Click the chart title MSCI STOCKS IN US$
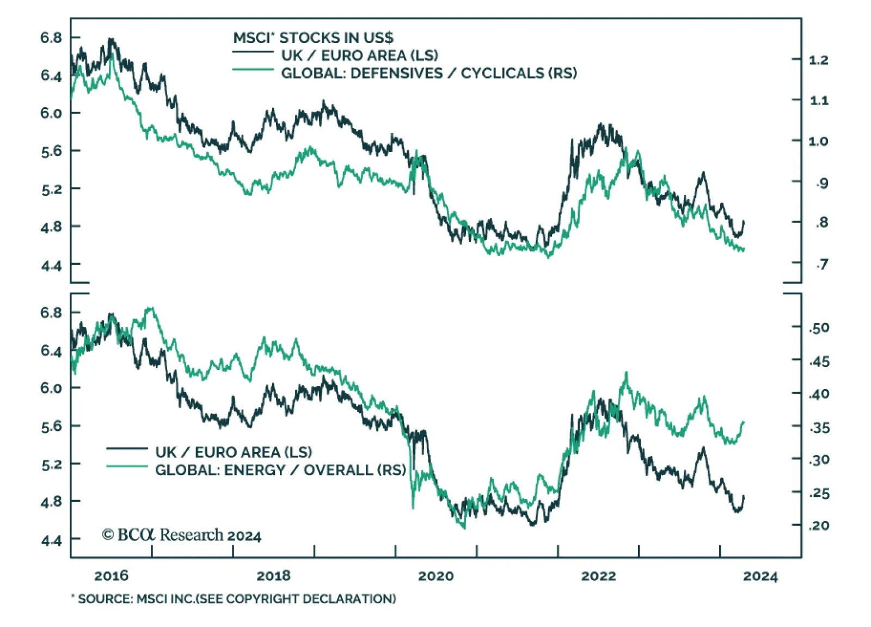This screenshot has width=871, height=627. [x=313, y=38]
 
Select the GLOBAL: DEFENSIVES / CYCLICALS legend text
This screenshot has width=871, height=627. [x=429, y=74]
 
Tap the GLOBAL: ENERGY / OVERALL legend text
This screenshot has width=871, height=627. [x=280, y=470]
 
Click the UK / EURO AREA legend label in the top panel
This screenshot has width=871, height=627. [x=359, y=56]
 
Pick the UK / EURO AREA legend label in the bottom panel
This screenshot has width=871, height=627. [x=234, y=452]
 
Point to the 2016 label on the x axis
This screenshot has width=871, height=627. [x=111, y=576]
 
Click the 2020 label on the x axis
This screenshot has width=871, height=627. [x=436, y=576]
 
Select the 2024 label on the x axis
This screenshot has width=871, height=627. [x=760, y=576]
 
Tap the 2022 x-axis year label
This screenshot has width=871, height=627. [x=598, y=576]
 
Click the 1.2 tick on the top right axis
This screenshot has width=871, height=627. [x=818, y=60]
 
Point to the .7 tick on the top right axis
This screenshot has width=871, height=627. [x=821, y=265]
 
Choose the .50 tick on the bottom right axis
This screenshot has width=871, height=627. [x=819, y=328]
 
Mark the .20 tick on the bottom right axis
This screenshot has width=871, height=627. [x=819, y=526]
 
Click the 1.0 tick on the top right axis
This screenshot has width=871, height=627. [x=818, y=142]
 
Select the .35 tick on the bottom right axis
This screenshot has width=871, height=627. [x=819, y=428]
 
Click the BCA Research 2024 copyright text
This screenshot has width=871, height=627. [x=182, y=535]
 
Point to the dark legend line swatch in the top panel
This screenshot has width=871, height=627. [x=253, y=52]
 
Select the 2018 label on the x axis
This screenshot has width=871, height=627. [x=273, y=576]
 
